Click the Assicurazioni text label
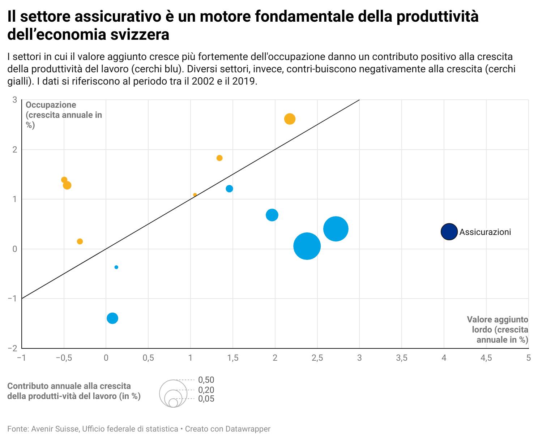point(485,232)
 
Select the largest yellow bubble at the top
point(290,119)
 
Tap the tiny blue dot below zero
point(116,267)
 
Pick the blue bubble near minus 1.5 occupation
point(112,318)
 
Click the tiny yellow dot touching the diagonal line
point(195,195)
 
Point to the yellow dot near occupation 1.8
point(219,158)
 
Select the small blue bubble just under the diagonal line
point(229,189)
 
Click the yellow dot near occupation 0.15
point(80,241)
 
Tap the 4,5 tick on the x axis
point(486,358)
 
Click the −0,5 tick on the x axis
point(63,358)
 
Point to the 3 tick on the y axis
point(15,100)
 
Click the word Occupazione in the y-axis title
point(51,105)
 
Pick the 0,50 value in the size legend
point(206,380)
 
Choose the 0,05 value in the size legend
point(206,399)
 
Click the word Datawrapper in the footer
point(248,429)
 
